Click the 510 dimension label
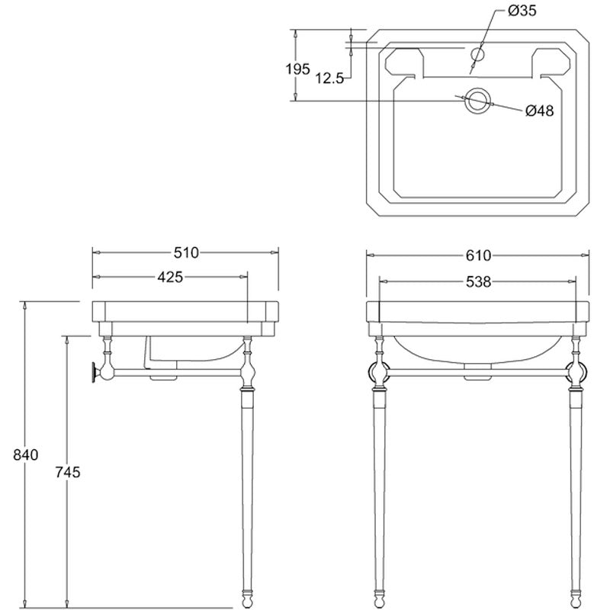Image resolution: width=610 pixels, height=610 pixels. coord(186,253)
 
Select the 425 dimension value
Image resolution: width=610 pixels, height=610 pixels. coord(170,277)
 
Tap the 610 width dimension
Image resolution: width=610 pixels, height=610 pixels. coord(479,255)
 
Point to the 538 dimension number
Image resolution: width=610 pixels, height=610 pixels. coord(479,281)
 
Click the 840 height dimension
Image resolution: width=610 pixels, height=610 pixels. coord(26,454)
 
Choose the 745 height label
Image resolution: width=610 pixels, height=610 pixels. coord(68,472)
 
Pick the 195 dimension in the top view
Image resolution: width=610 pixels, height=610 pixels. coord(298,69)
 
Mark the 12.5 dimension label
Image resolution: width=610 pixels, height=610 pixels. coord(329,79)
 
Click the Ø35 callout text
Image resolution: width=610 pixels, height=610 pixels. coord(522,11)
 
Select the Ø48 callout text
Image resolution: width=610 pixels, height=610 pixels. coord(539,111)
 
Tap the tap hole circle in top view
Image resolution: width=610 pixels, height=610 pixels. coord(477,53)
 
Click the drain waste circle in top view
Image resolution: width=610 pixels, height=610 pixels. coord(477,101)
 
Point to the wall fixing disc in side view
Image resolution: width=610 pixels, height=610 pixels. coord(94,372)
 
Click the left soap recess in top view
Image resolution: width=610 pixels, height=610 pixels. coord(404,63)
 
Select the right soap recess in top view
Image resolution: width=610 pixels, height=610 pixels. coord(551,63)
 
